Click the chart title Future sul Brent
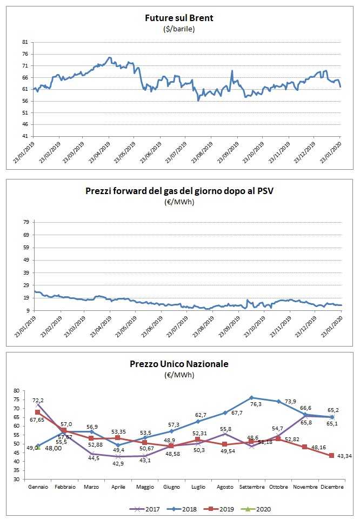coord(179,18)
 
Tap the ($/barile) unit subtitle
coord(179,29)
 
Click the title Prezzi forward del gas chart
coord(179,191)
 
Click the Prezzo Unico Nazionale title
coord(179,364)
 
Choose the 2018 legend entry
coord(187,509)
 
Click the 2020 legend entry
coord(263,509)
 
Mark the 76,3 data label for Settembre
coord(255,404)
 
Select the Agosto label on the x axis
coord(225,487)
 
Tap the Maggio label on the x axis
coord(145,487)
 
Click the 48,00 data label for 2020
coord(52,448)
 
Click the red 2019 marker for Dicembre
coord(331,456)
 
